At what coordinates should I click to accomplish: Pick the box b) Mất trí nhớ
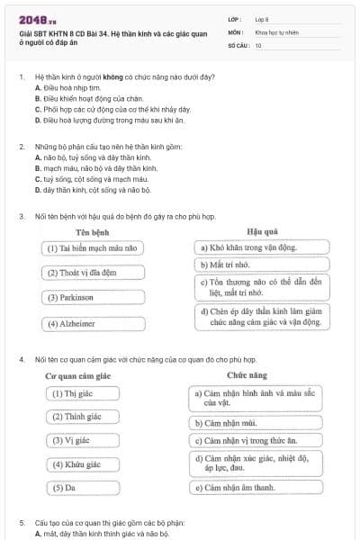262,265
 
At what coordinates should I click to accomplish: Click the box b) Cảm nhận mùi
256,422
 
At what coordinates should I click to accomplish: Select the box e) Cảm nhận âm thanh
256,488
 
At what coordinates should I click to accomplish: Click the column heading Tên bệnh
94,231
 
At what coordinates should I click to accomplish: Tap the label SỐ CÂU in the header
237,44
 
